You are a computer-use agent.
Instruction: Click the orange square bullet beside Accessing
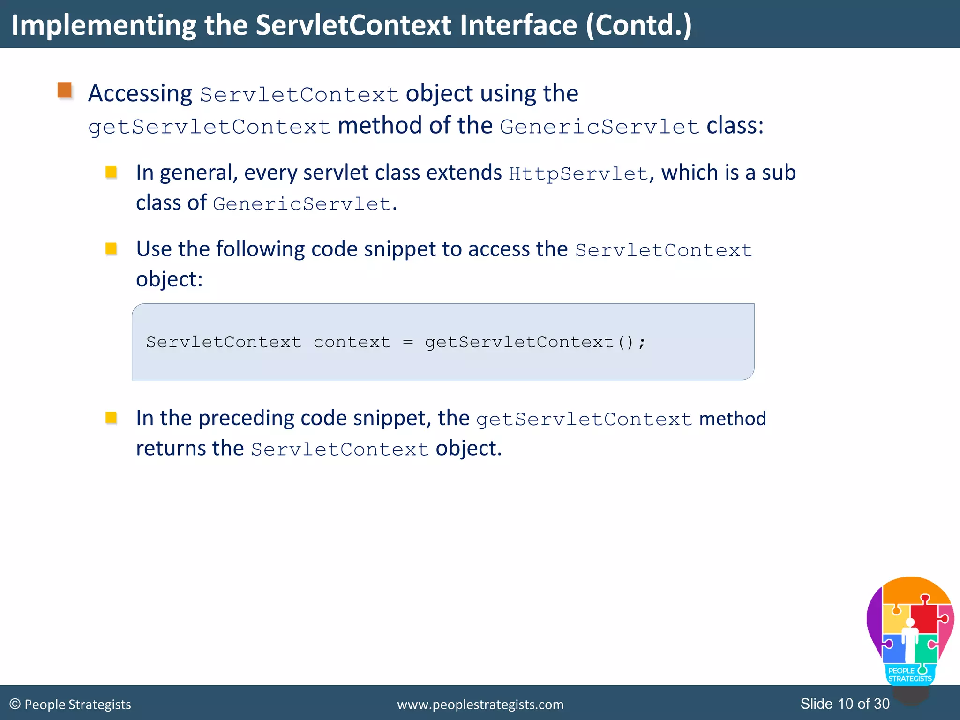(x=65, y=90)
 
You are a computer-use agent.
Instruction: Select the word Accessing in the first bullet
(x=140, y=93)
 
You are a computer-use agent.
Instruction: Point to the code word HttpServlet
(x=578, y=174)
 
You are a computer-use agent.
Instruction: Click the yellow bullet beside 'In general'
(x=111, y=172)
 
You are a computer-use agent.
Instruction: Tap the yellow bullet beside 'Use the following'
(x=111, y=248)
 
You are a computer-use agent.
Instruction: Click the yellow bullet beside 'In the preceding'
(x=111, y=417)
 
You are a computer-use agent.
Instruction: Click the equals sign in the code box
(x=408, y=342)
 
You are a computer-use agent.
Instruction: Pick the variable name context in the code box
(x=352, y=342)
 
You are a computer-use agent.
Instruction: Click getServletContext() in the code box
(x=535, y=342)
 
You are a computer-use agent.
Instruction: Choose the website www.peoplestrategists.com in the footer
(x=480, y=705)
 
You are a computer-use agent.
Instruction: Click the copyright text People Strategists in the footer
(x=77, y=705)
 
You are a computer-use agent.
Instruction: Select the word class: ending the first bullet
(x=735, y=126)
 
